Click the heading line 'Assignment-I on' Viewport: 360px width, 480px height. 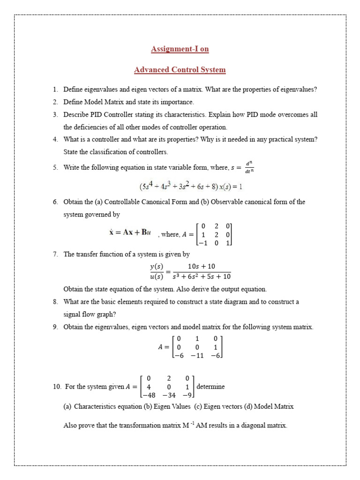(180, 49)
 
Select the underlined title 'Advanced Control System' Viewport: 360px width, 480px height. (180, 70)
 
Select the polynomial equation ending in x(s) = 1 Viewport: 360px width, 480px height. (190, 187)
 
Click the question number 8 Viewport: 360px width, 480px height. (55, 302)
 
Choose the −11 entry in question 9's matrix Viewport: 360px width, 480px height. (197, 356)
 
